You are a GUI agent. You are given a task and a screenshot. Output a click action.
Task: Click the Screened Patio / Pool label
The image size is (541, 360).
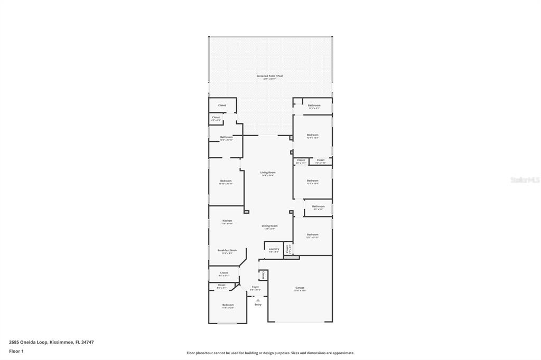click(269, 76)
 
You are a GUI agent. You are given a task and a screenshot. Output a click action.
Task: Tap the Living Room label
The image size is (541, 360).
click(268, 173)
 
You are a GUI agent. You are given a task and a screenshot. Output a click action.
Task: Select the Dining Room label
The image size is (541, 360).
click(269, 226)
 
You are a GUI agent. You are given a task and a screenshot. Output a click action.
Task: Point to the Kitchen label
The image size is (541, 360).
click(227, 221)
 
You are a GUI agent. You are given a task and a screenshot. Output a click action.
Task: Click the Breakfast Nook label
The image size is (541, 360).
click(227, 250)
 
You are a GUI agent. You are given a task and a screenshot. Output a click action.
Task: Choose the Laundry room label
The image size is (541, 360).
click(274, 249)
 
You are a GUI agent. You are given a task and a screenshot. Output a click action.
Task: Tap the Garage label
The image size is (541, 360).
click(300, 288)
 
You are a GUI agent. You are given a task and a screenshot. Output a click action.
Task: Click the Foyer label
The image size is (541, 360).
click(255, 287)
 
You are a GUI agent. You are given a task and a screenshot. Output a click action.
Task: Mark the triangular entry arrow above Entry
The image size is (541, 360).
click(258, 300)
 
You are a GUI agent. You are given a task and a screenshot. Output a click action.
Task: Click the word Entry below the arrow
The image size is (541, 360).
click(258, 305)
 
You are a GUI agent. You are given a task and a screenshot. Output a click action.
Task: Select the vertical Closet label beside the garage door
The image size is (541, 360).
click(263, 275)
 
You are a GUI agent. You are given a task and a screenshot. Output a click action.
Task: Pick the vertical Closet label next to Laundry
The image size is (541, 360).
click(287, 248)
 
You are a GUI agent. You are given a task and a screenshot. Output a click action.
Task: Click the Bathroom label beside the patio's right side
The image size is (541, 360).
click(314, 106)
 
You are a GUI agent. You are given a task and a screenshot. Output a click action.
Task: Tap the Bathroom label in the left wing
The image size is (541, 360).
click(227, 137)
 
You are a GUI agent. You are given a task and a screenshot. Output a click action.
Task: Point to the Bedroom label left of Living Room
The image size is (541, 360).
click(226, 181)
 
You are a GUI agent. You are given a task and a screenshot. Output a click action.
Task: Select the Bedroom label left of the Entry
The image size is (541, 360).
click(228, 305)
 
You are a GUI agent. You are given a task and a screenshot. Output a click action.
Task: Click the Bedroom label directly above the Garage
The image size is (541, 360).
click(312, 234)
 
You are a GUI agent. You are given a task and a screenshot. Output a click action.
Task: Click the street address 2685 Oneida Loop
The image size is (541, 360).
click(51, 342)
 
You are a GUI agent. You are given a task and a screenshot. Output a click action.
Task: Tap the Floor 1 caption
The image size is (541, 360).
click(16, 351)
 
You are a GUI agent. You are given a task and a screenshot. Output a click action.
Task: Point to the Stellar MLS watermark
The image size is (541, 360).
click(525, 180)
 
